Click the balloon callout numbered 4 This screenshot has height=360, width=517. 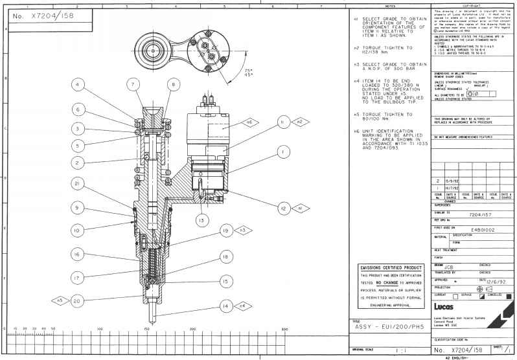pos(77,85)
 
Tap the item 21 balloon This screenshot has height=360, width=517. pos(77,184)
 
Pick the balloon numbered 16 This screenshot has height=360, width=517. pos(77,255)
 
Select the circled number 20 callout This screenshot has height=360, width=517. pos(77,300)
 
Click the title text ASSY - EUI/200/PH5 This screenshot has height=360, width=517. pos(388,326)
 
